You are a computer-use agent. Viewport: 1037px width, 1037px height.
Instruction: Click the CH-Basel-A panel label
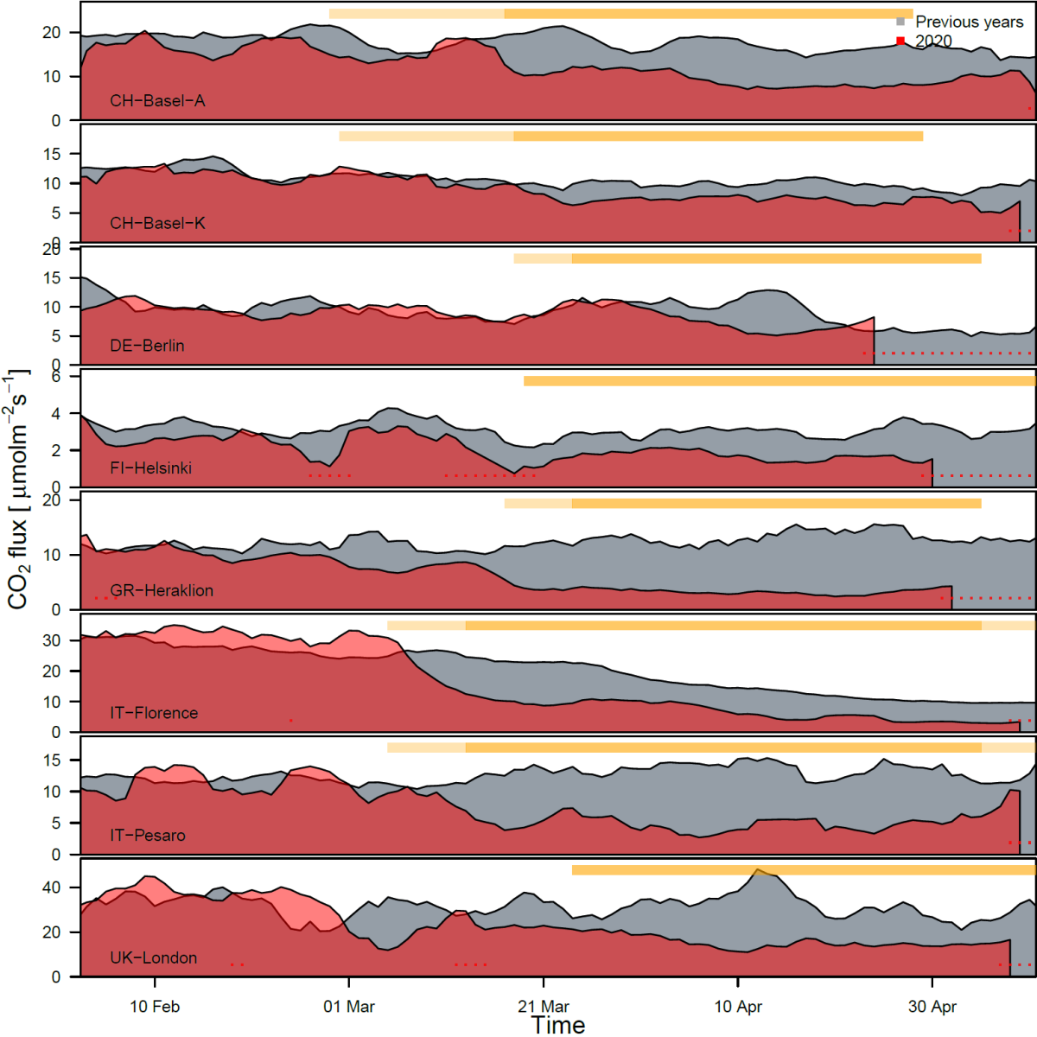tap(157, 101)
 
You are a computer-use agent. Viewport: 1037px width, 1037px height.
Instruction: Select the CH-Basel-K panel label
tap(157, 223)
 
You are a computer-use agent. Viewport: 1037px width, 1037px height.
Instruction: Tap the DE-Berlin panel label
tap(147, 346)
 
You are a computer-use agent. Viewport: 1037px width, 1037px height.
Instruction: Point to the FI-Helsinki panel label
tap(150, 468)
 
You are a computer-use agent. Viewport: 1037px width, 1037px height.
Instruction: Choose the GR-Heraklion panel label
tap(162, 590)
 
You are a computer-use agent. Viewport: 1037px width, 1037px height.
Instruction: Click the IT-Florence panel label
tap(154, 713)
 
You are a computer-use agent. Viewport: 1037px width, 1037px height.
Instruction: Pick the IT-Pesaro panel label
tap(147, 836)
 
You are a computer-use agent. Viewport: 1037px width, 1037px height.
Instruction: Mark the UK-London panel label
tap(153, 957)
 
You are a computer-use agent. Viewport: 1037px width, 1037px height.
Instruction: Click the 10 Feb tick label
tap(155, 1007)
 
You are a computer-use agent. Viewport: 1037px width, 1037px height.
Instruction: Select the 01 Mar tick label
tap(349, 1007)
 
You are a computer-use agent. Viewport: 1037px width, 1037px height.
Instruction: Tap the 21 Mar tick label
tap(544, 1007)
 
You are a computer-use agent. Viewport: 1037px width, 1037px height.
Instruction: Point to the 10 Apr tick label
tap(738, 1007)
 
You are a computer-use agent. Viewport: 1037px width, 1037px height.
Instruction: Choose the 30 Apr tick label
tap(932, 1007)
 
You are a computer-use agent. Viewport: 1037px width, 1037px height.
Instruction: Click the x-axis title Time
tap(558, 1025)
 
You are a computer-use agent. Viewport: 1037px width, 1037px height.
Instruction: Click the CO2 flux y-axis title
tap(19, 489)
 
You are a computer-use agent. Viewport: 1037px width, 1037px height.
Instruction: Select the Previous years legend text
tap(969, 22)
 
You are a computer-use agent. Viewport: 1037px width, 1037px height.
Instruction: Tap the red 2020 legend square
tap(900, 41)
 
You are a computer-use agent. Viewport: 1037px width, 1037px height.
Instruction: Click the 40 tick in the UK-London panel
tap(51, 887)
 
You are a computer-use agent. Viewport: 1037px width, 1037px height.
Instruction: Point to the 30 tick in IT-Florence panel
tap(51, 640)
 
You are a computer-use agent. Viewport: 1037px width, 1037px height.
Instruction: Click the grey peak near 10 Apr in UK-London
tap(759, 870)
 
